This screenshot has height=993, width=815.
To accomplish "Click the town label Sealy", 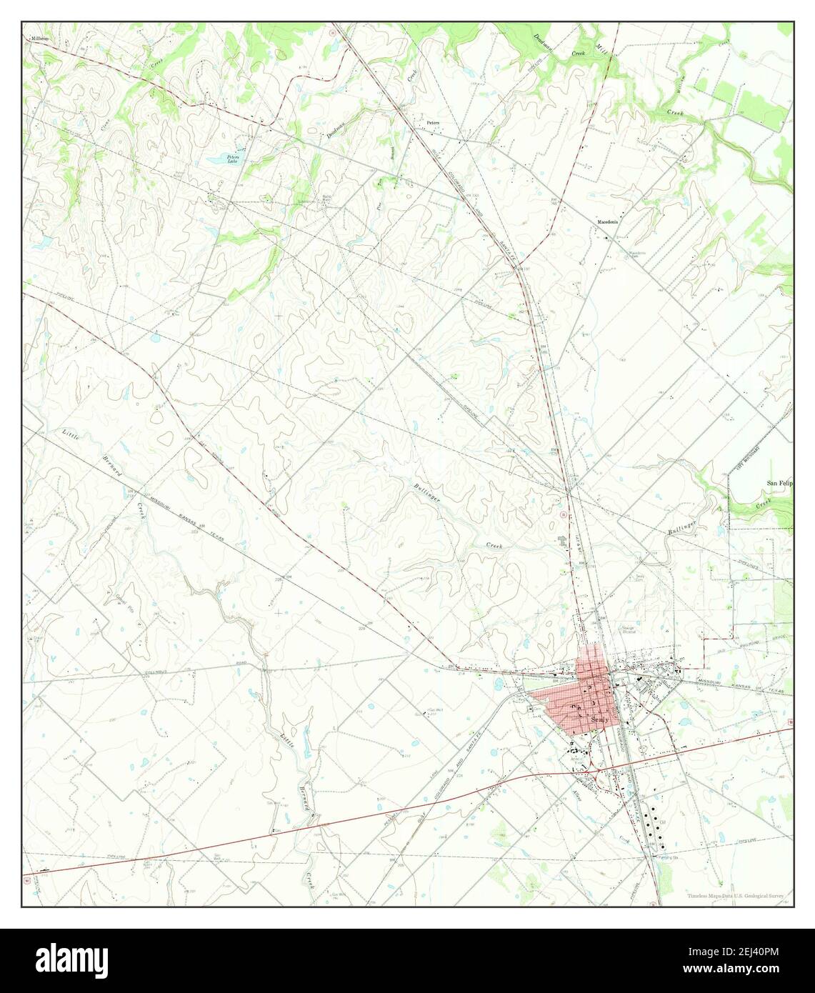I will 601,719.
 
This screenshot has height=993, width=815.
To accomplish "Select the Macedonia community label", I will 611,222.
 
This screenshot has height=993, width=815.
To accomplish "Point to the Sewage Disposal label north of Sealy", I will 629,629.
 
